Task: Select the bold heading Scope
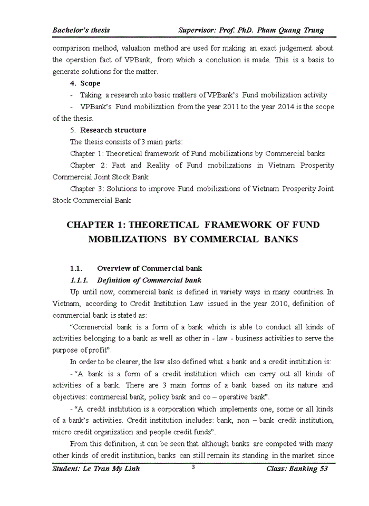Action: pos(90,83)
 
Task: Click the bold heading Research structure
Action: pos(113,130)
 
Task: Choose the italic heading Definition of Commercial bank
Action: pos(149,280)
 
